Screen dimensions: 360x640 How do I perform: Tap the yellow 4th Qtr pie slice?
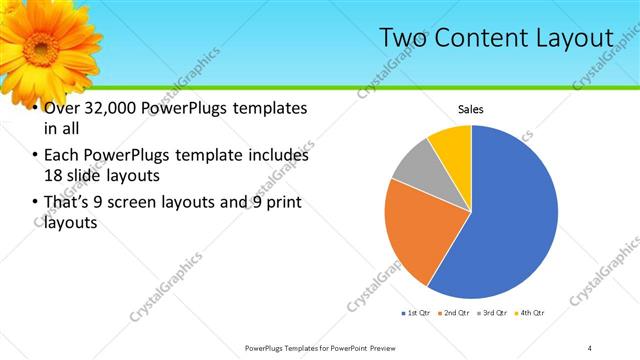pyautogui.click(x=453, y=143)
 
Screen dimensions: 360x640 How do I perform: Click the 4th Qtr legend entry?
pyautogui.click(x=530, y=313)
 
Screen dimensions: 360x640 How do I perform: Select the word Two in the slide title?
pyautogui.click(x=400, y=38)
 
